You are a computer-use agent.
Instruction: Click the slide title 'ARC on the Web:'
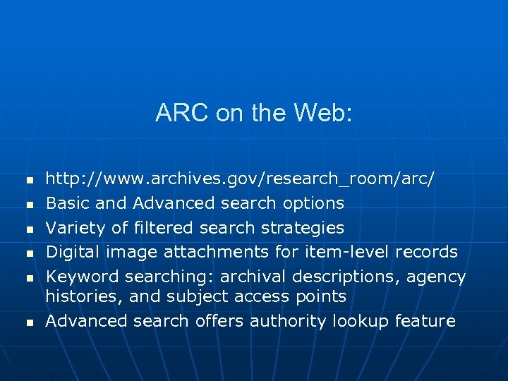[253, 113]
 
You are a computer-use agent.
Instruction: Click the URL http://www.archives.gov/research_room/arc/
[240, 179]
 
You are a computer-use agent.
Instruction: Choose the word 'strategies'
[303, 228]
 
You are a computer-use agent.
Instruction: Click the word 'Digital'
[73, 252]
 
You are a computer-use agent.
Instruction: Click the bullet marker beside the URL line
[29, 181]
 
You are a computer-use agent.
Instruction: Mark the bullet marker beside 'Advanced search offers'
[29, 322]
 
